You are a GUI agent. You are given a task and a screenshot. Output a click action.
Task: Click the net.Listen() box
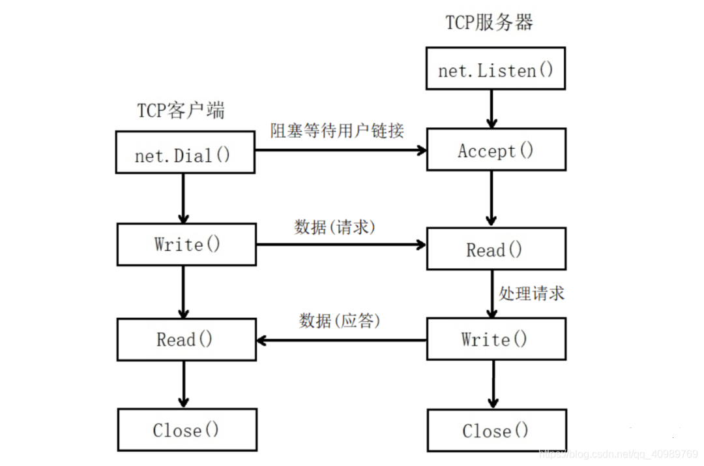(x=495, y=69)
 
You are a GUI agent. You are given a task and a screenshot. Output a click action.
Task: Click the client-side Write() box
(x=186, y=244)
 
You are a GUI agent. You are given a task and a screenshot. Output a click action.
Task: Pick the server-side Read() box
(x=495, y=249)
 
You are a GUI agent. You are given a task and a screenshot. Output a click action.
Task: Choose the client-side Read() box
(x=186, y=339)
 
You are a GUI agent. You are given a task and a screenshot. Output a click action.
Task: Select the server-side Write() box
(x=495, y=339)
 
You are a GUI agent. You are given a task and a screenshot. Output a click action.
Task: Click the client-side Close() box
(x=186, y=429)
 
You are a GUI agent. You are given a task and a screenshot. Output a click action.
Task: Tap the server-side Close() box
(x=495, y=430)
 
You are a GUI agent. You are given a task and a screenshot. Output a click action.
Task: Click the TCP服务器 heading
(x=489, y=23)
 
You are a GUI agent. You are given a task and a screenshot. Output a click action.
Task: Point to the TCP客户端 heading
(x=181, y=110)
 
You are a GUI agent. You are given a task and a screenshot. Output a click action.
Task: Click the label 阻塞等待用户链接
(x=338, y=131)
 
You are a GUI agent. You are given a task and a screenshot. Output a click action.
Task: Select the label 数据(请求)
(x=334, y=226)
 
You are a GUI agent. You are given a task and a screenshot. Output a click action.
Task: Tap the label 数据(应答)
(x=339, y=320)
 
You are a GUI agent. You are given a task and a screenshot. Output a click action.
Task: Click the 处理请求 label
(x=531, y=293)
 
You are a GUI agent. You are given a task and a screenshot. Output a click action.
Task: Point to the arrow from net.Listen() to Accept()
(x=491, y=108)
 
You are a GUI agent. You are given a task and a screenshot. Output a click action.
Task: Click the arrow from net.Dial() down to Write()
(x=183, y=198)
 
